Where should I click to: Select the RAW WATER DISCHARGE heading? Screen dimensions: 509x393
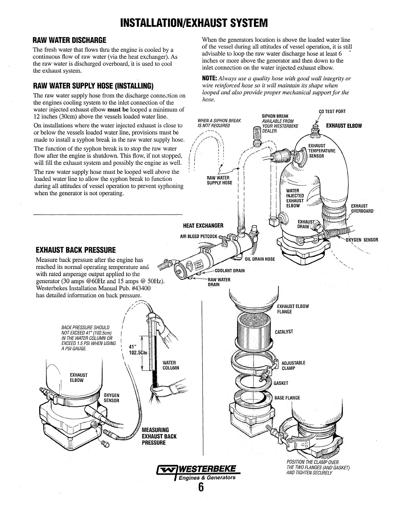pyautogui.click(x=70, y=40)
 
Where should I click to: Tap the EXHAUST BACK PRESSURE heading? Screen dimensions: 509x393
pyautogui.click(x=76, y=250)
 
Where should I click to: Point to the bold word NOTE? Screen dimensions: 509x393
pyautogui.click(x=209, y=79)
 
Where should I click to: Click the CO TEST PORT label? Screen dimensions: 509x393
pyautogui.click(x=332, y=112)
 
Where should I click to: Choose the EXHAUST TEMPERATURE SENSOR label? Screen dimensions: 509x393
pyautogui.click(x=321, y=151)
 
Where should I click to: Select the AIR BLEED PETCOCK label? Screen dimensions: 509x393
pyautogui.click(x=199, y=237)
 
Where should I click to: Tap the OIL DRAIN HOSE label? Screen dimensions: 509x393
pyautogui.click(x=259, y=259)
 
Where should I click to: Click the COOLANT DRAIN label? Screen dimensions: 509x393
pyautogui.click(x=230, y=271)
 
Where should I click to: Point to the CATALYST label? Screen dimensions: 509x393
pyautogui.click(x=284, y=332)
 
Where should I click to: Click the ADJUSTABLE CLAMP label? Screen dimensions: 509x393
pyautogui.click(x=293, y=365)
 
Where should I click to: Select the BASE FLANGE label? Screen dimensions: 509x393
pyautogui.click(x=287, y=398)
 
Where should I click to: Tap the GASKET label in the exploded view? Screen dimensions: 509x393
pyautogui.click(x=281, y=383)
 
